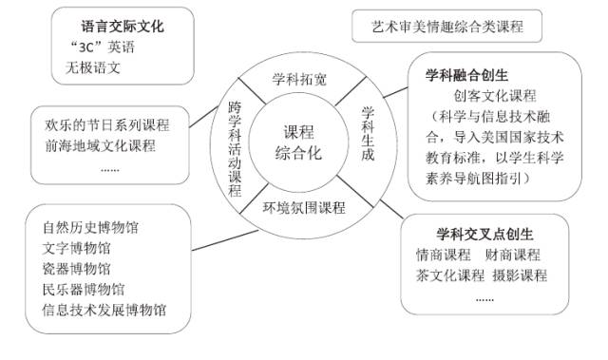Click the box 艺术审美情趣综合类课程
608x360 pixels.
448,27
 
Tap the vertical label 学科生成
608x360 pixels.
370,132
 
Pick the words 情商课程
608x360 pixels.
443,255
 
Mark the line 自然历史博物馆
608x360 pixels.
91,228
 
